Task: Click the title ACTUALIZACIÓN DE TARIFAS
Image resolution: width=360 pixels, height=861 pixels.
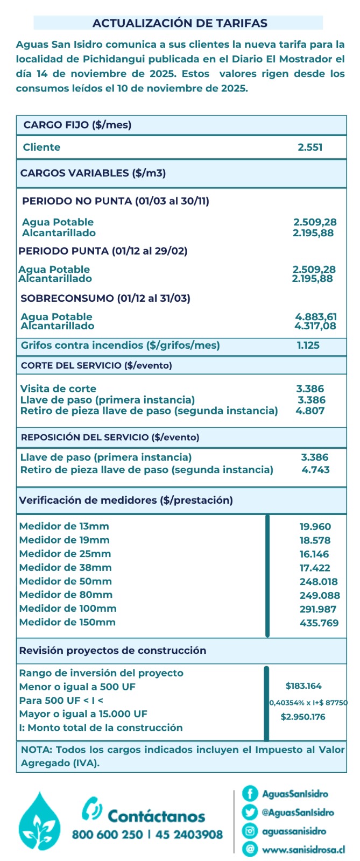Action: pyautogui.click(x=180, y=23)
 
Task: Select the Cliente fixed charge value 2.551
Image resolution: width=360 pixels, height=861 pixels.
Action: pyautogui.click(x=310, y=147)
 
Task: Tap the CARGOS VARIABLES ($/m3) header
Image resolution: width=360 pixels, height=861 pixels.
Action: pyautogui.click(x=93, y=173)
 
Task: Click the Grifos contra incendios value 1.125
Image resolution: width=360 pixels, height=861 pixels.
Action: pyautogui.click(x=308, y=345)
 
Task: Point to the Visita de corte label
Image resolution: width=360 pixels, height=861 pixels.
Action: pyautogui.click(x=58, y=389)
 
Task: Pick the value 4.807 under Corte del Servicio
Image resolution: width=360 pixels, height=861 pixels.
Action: pyautogui.click(x=310, y=411)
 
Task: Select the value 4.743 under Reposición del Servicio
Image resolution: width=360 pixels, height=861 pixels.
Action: pyautogui.click(x=315, y=470)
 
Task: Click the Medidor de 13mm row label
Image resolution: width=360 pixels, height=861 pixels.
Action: pyautogui.click(x=64, y=526)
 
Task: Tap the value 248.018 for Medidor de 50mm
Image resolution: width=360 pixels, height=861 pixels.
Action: pyautogui.click(x=319, y=582)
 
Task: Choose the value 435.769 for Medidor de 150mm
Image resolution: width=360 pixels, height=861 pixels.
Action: pyautogui.click(x=319, y=623)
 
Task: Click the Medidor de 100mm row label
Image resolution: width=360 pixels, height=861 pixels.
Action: pyautogui.click(x=68, y=609)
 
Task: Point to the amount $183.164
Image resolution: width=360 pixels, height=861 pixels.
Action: pyautogui.click(x=303, y=686)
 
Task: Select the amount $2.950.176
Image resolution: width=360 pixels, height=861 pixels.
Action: pyautogui.click(x=303, y=717)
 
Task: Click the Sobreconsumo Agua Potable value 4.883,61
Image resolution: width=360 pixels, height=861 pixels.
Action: pyautogui.click(x=316, y=316)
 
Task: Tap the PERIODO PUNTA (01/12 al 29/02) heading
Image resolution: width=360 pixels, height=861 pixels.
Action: pyautogui.click(x=103, y=251)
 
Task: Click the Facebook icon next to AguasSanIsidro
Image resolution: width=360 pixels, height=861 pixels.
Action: pyautogui.click(x=250, y=793)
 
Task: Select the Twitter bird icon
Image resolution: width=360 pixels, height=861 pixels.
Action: pyautogui.click(x=250, y=812)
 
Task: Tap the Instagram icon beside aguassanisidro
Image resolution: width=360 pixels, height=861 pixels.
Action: pyautogui.click(x=250, y=831)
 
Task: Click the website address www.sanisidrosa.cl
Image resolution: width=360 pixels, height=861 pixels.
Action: pyautogui.click(x=303, y=850)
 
